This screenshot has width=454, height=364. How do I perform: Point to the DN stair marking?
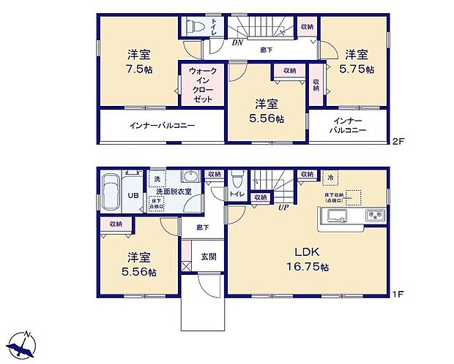point(237,43)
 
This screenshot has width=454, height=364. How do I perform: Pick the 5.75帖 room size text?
point(358,69)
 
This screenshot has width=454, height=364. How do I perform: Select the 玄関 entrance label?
point(209,256)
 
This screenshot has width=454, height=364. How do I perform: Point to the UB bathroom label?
point(133,197)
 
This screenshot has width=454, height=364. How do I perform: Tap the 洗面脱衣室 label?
point(174,192)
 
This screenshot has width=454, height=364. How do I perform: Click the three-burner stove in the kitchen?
point(374,216)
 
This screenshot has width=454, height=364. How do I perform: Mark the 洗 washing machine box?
point(155,178)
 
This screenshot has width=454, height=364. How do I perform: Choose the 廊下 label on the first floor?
point(201,228)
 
